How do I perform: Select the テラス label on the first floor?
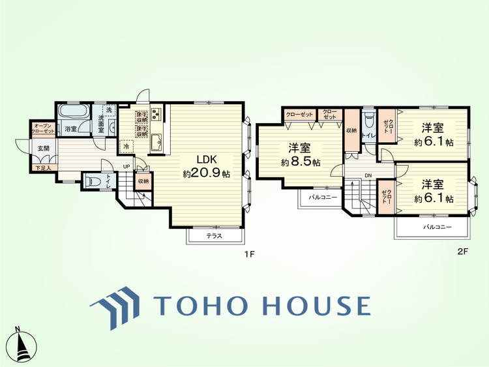[x=213, y=235]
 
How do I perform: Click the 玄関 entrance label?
[x=43, y=149]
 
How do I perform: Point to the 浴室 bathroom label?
[x=70, y=128]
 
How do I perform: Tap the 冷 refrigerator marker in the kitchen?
[x=126, y=147]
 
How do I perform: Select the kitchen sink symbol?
[x=156, y=144]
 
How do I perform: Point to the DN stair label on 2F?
[x=368, y=175]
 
